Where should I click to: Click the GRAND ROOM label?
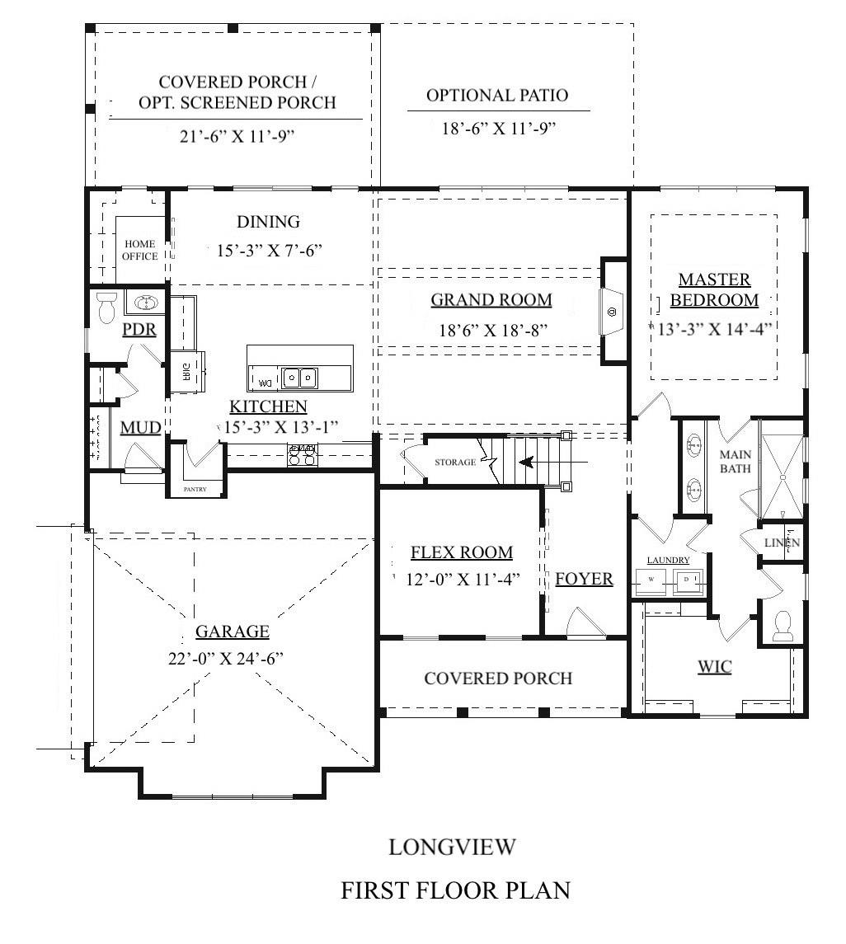(491, 300)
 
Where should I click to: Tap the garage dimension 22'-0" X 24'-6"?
(232, 659)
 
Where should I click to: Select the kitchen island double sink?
(299, 378)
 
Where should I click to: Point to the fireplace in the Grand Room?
(612, 311)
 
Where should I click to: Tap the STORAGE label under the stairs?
(455, 463)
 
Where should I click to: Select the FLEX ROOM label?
(462, 552)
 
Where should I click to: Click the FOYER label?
(584, 579)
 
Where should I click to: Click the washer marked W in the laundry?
(651, 580)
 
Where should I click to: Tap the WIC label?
(714, 666)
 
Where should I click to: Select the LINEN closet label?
(782, 543)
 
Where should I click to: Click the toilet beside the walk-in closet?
(783, 626)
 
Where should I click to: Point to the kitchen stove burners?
(302, 454)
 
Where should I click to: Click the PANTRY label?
(195, 489)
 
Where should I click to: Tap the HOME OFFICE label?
(140, 250)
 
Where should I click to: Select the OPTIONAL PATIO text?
(497, 96)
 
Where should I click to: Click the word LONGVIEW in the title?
(453, 847)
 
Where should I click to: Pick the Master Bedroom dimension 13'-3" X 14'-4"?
(714, 327)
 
